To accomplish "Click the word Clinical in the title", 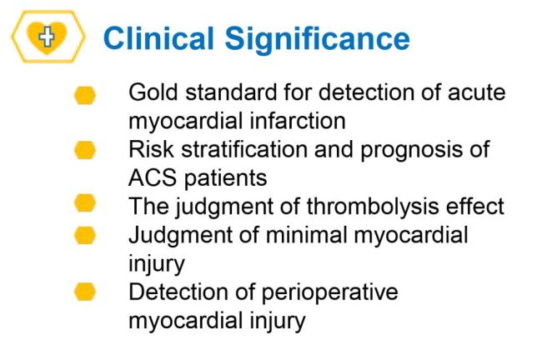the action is tap(158, 38).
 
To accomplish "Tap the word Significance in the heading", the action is tap(318, 41).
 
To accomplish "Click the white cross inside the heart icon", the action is tap(47, 36).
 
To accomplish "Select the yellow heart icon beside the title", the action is tap(47, 37).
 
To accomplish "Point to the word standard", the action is tap(231, 92).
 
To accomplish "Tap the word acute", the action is tap(477, 93).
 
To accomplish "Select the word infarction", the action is tap(298, 121).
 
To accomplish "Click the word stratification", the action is tap(244, 149).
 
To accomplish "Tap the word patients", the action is tap(225, 178).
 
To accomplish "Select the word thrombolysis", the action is tap(373, 207).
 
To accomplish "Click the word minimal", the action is tap(306, 235).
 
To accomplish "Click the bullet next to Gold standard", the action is tap(85, 95).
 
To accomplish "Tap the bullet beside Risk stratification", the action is tap(85, 150).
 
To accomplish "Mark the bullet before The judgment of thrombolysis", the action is tap(85, 202).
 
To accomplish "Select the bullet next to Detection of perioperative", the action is tap(85, 292).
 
